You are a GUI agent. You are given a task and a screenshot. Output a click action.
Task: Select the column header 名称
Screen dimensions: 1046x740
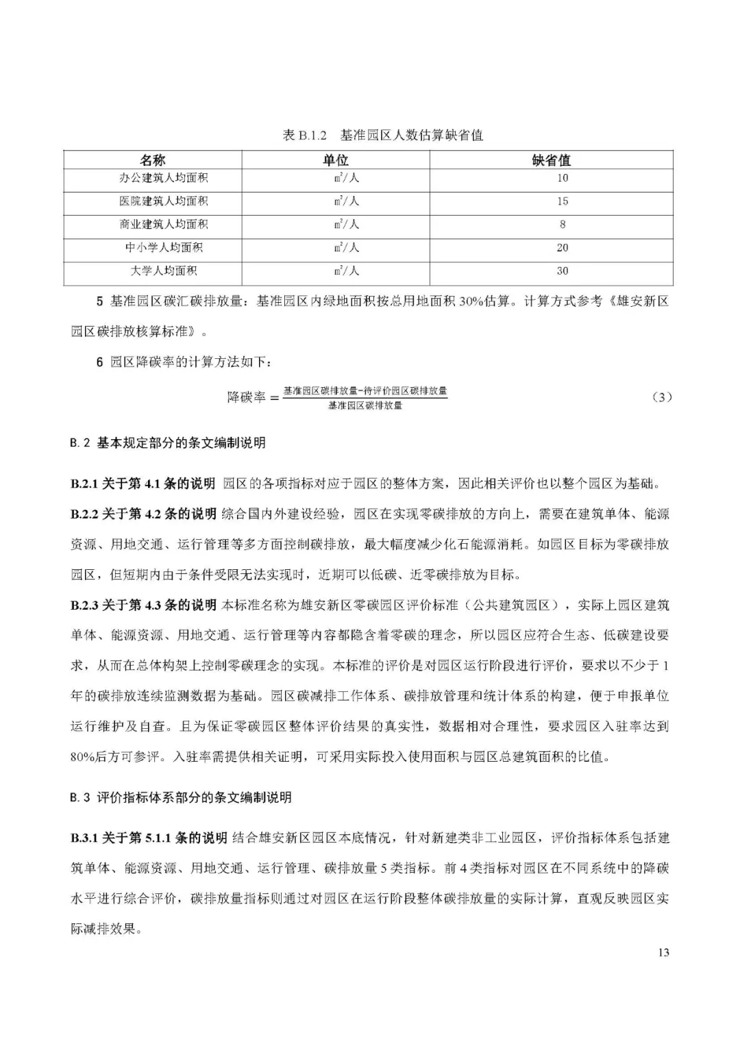point(152,160)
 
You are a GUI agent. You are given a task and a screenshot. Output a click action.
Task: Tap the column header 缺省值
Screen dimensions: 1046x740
point(551,160)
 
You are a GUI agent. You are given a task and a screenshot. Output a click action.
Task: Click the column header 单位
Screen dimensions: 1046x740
point(336,160)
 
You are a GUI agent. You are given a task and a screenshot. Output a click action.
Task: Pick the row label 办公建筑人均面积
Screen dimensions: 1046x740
point(163,178)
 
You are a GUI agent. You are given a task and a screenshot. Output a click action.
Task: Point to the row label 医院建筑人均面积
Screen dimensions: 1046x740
point(163,201)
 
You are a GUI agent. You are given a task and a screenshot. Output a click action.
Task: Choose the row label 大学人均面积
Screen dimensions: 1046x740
point(163,271)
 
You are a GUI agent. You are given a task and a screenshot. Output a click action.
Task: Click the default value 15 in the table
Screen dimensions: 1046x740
point(562,201)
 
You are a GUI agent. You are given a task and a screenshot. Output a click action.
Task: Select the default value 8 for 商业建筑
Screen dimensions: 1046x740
point(562,225)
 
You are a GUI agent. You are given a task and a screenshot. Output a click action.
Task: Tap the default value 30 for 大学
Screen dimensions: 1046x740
point(562,271)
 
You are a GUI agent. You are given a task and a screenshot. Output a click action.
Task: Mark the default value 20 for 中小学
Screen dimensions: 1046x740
point(562,248)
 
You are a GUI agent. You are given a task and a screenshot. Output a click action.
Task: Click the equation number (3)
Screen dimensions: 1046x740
point(661,397)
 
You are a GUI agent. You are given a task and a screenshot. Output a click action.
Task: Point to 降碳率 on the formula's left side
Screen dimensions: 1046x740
point(246,397)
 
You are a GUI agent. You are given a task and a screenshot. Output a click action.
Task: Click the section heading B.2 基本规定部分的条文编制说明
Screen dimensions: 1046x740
point(167,443)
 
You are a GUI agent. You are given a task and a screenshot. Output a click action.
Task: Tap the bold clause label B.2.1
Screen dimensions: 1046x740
point(84,484)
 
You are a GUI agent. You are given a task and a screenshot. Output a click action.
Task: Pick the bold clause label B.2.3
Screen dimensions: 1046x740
point(84,605)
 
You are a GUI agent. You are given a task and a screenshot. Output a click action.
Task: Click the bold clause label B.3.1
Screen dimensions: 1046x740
point(84,838)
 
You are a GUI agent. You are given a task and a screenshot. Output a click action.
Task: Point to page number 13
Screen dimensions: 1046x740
point(663,953)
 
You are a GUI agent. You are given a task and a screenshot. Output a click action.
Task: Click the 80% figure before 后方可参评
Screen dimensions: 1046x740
point(83,758)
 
